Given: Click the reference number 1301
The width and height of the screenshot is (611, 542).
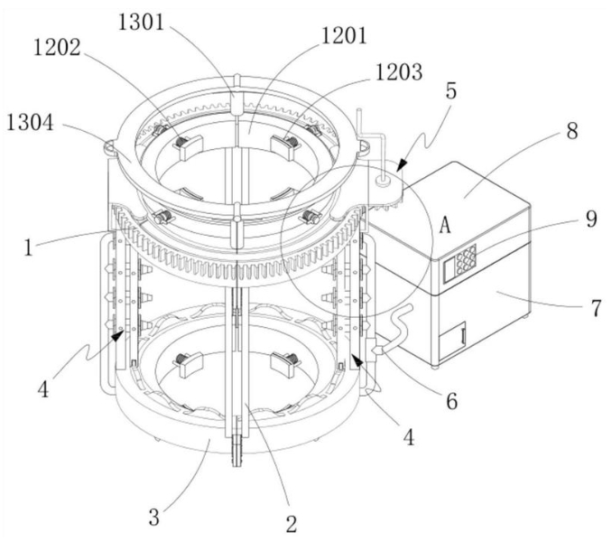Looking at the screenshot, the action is click(x=142, y=23).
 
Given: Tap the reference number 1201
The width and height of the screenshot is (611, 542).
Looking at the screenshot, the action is click(x=344, y=36).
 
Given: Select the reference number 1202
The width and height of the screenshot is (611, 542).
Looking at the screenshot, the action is click(x=57, y=48).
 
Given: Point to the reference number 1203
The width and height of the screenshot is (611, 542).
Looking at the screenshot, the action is click(x=399, y=72).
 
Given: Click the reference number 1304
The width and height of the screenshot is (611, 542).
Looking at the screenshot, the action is click(x=30, y=123).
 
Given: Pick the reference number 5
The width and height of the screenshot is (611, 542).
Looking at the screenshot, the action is click(x=451, y=91).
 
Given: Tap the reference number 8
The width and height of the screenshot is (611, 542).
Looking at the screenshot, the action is click(x=572, y=131).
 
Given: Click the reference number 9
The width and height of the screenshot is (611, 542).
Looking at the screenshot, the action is click(x=591, y=220).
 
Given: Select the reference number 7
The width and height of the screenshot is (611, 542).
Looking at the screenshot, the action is click(x=597, y=308).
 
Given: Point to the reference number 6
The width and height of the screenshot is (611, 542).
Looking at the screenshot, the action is click(x=451, y=401).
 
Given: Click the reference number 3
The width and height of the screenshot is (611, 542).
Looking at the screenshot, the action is click(x=154, y=518).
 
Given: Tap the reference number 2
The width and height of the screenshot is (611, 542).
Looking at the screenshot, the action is click(x=292, y=524).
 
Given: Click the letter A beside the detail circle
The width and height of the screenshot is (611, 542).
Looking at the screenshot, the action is click(x=445, y=225).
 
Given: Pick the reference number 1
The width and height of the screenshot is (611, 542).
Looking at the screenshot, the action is click(x=28, y=248).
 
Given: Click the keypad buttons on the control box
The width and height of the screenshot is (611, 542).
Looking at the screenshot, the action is click(x=466, y=259).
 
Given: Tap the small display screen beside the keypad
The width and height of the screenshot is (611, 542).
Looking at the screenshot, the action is click(x=449, y=269).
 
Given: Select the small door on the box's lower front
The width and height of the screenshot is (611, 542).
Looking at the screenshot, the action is click(x=452, y=341).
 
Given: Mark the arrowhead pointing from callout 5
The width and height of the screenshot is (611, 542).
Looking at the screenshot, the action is click(x=402, y=164).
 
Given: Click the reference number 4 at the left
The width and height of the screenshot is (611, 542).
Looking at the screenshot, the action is click(x=43, y=389).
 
